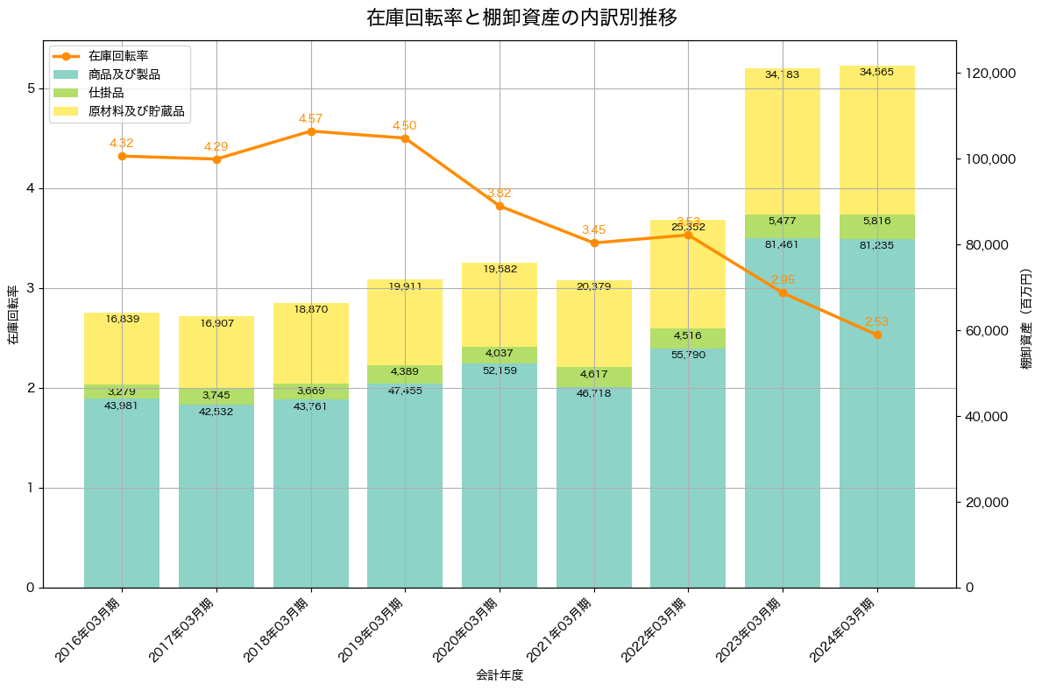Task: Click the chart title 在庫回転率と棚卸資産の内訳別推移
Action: pos(521,18)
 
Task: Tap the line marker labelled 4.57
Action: pos(311,131)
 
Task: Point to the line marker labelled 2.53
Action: pos(877,335)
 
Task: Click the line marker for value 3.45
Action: pos(594,243)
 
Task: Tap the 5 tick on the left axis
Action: pos(30,88)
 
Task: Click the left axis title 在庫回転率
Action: pos(12,314)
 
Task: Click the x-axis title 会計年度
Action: pos(500,675)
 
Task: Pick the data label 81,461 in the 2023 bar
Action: pos(783,244)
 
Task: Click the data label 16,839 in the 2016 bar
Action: pos(122,320)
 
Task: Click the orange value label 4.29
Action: pos(216,147)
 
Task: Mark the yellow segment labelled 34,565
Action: pos(877,140)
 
